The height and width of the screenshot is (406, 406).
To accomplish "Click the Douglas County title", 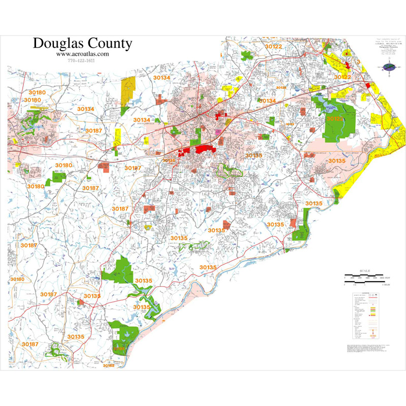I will coord(82,44).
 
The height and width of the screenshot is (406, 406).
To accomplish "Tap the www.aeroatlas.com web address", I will coord(82,54).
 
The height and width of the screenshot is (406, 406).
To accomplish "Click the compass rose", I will coord(389,66).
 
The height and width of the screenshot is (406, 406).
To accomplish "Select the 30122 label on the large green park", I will coord(335,118).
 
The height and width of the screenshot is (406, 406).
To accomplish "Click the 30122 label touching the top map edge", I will coord(273,47).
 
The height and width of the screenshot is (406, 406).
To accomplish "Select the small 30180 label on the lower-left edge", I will coord(17,279).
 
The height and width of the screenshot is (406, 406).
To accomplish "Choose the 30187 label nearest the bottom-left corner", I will coord(30,344).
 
